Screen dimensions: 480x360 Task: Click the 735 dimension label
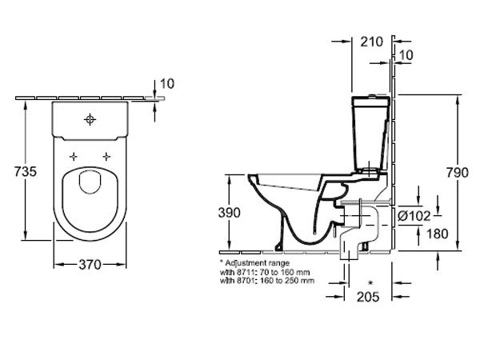pos(26,171)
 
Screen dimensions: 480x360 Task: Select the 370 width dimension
pos(90,265)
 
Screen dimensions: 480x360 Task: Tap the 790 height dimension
pos(457,173)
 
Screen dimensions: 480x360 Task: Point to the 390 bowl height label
pos(229,213)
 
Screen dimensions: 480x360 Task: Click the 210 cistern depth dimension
pos(372,42)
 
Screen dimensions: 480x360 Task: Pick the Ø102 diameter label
pos(414,216)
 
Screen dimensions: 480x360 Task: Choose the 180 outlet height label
pos(437,234)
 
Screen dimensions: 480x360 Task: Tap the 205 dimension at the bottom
pos(368,296)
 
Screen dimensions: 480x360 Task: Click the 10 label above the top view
pos(167,83)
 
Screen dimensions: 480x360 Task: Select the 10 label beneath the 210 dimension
pos(406,55)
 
